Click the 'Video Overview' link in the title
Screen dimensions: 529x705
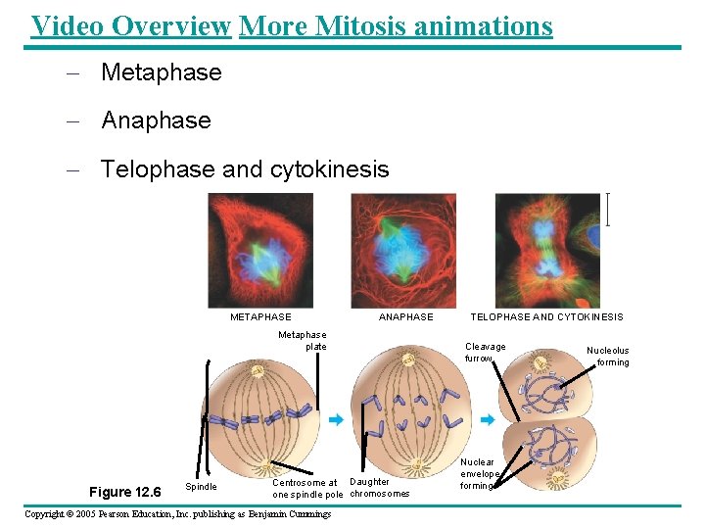click(x=130, y=26)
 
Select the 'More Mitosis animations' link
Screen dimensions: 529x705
click(x=396, y=26)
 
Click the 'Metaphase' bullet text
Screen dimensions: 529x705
click(x=162, y=72)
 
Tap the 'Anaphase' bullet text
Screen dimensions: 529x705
click(x=156, y=120)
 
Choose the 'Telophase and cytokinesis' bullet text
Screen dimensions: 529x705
click(x=245, y=169)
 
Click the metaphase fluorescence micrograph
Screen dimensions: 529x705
click(x=261, y=250)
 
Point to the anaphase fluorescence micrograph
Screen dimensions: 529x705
click(x=402, y=250)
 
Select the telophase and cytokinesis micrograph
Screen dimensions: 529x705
click(x=546, y=250)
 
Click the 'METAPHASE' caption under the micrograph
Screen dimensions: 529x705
click(x=260, y=317)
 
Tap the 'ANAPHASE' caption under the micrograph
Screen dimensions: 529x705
click(x=405, y=317)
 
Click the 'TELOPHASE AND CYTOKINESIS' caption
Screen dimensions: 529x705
click(x=546, y=317)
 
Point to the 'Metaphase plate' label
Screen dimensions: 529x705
click(x=303, y=340)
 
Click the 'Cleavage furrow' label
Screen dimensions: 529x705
click(x=485, y=353)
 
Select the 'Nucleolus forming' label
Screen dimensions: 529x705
click(x=608, y=356)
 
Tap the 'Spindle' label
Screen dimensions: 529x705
click(x=201, y=487)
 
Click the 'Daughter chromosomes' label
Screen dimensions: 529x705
click(x=379, y=488)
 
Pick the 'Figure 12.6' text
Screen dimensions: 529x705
click(x=123, y=491)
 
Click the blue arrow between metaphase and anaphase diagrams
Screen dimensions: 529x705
click(x=336, y=419)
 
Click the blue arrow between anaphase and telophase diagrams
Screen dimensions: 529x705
click(x=486, y=419)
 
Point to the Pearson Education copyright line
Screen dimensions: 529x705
click(x=177, y=514)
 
